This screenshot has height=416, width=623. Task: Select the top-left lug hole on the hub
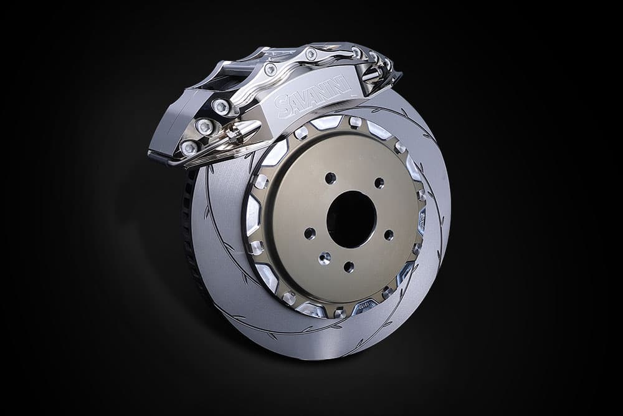[330, 178]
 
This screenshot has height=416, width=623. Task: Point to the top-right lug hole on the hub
[379, 183]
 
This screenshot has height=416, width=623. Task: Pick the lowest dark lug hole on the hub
[349, 267]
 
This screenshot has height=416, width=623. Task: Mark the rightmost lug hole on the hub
[389, 235]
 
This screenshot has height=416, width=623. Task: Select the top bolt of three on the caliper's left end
[221, 107]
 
